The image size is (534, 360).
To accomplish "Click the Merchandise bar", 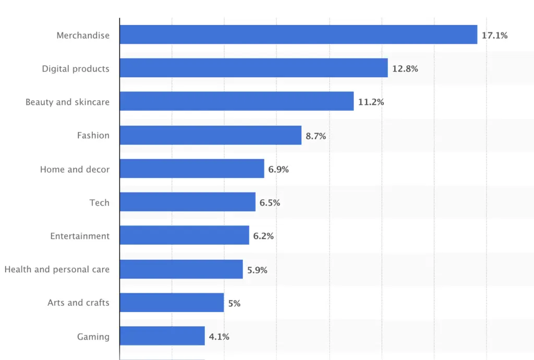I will [x=298, y=35].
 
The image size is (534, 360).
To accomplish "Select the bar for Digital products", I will [x=253, y=68].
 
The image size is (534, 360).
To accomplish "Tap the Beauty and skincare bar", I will [x=236, y=102].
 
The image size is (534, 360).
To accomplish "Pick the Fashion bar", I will [x=210, y=135].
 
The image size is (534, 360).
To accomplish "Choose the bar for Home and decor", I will [x=191, y=169].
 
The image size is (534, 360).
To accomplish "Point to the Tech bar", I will [x=187, y=202].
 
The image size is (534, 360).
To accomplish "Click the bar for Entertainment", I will [x=184, y=236].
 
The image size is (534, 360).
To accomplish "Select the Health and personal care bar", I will [x=181, y=269].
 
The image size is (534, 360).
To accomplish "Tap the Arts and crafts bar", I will [x=172, y=303].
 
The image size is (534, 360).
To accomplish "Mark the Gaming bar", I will [x=162, y=336].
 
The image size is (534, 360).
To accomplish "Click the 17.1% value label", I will [x=494, y=35].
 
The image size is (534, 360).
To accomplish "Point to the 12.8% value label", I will [x=405, y=69].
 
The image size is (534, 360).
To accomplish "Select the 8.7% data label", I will [x=315, y=136].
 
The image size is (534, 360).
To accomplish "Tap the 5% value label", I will [x=234, y=303].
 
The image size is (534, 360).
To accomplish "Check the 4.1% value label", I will [x=219, y=337].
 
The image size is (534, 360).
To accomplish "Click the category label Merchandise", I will [x=83, y=35].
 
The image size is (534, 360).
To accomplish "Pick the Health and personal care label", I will [x=57, y=269].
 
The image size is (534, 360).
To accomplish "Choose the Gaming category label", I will [x=93, y=337].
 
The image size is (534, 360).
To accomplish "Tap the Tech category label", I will [x=99, y=202].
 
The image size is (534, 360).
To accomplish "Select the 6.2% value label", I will [x=263, y=236].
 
